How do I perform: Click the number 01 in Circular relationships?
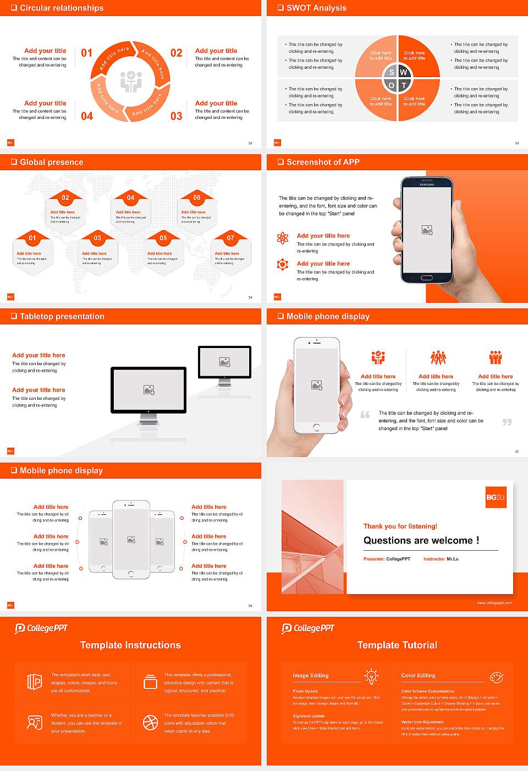click(x=87, y=53)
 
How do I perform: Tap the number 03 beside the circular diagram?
click(x=176, y=116)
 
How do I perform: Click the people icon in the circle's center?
click(x=131, y=82)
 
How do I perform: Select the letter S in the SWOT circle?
click(x=392, y=72)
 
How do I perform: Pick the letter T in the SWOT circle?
click(x=404, y=85)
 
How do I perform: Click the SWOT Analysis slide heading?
click(x=316, y=8)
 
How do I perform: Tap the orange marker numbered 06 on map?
click(x=197, y=198)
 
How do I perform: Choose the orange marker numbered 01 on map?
click(x=32, y=238)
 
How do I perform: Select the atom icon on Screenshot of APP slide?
click(x=283, y=238)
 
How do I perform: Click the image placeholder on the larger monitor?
click(x=148, y=390)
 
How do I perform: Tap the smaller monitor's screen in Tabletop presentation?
click(x=224, y=362)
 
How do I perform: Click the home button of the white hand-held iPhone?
click(x=316, y=427)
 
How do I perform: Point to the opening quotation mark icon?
click(x=365, y=415)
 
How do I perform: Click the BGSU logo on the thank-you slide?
click(x=496, y=497)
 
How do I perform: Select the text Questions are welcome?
click(x=421, y=540)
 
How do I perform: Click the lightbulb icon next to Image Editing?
click(x=371, y=676)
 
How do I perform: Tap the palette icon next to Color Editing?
click(x=497, y=676)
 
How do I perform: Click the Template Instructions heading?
click(x=130, y=645)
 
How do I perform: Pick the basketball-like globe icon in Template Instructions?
click(x=150, y=723)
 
